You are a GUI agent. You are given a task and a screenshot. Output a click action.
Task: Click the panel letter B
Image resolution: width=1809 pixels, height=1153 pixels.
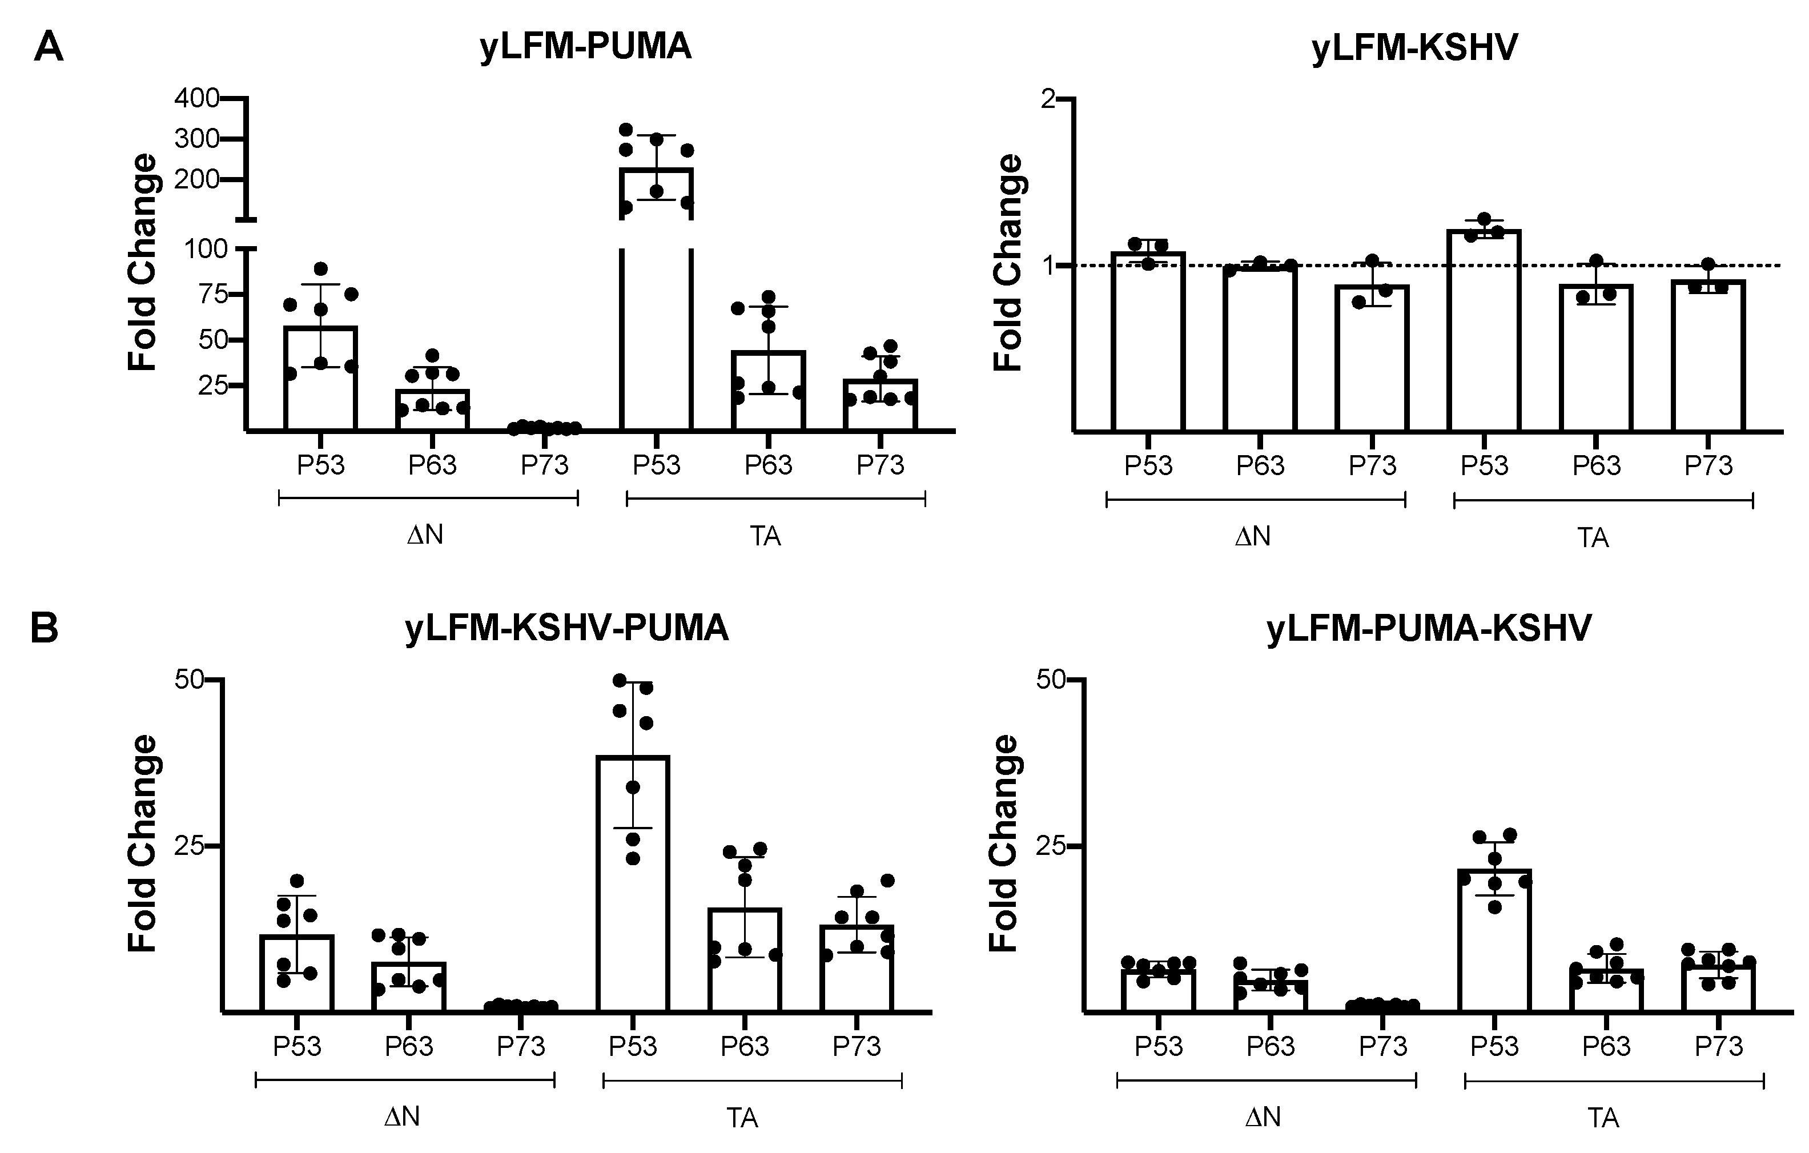point(45,629)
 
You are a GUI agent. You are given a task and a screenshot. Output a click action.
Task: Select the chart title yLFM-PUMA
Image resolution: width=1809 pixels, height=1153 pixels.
point(585,47)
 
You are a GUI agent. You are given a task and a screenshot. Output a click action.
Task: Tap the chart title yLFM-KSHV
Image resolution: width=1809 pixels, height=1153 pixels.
point(1414,49)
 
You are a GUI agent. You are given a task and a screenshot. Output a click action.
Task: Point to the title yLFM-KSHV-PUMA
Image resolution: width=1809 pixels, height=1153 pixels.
point(566,628)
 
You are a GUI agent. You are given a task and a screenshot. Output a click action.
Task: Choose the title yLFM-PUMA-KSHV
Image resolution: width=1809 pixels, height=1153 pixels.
point(1429,628)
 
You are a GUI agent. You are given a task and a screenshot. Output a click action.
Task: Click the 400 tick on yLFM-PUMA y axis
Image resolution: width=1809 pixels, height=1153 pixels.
point(197,98)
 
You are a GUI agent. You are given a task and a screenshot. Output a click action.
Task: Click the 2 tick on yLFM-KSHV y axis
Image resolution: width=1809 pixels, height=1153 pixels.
point(1050,99)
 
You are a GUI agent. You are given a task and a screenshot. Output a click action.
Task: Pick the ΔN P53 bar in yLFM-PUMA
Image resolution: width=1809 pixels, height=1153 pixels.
point(321,379)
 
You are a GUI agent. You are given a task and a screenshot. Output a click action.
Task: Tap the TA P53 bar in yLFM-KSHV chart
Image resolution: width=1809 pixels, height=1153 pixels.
point(1484,331)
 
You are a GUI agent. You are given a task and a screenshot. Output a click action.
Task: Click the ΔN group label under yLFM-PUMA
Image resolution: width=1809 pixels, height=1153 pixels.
point(425,536)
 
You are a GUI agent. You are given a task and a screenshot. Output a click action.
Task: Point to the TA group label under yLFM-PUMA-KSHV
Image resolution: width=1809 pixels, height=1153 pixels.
point(1603,1118)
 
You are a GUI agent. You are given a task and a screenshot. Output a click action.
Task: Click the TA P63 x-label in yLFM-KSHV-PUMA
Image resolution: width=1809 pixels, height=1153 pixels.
point(745,1046)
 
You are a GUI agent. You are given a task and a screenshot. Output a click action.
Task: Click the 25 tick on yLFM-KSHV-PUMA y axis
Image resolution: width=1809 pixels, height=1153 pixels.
point(190,846)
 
